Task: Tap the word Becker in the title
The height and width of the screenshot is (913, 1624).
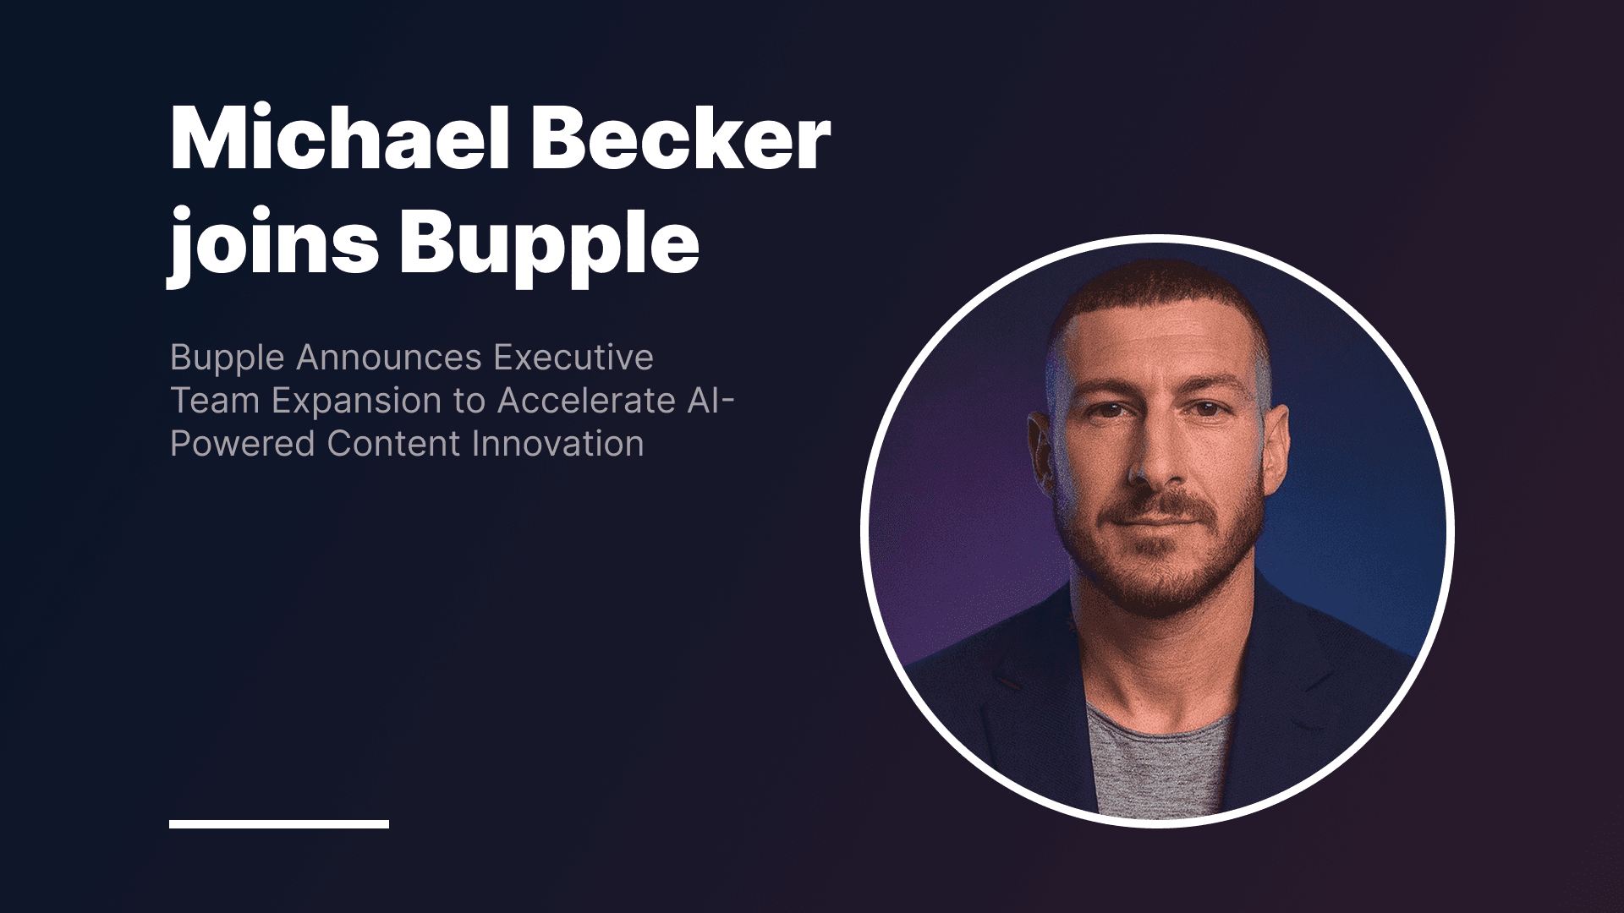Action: [682, 140]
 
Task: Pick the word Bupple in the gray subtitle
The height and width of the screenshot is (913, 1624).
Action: [227, 358]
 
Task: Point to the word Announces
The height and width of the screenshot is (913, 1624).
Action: [389, 358]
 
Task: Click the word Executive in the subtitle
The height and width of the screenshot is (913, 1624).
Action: [573, 358]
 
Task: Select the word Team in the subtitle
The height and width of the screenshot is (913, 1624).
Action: [215, 401]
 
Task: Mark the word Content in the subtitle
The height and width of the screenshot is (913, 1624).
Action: [394, 444]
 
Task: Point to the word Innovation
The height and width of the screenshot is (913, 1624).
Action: [558, 444]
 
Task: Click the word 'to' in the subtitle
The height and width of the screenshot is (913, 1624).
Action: [470, 402]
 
